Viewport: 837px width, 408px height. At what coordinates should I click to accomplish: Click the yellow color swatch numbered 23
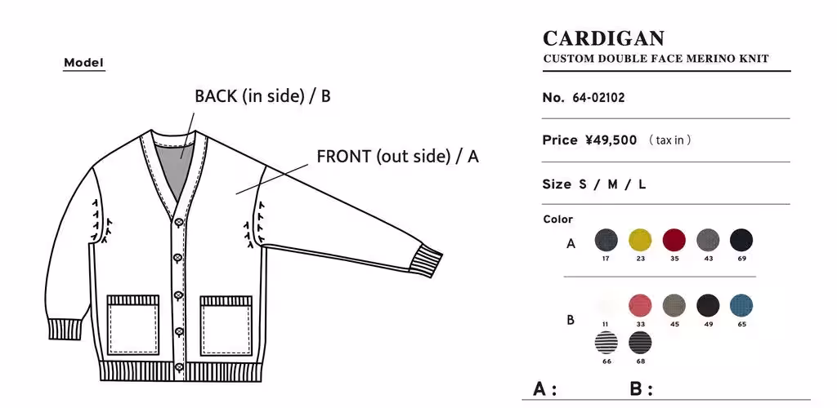pyautogui.click(x=640, y=240)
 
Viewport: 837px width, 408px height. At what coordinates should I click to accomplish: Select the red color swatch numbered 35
pyautogui.click(x=674, y=240)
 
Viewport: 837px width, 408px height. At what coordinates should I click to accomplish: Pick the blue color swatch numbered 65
pyautogui.click(x=741, y=305)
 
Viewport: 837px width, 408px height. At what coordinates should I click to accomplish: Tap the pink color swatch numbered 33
pyautogui.click(x=640, y=305)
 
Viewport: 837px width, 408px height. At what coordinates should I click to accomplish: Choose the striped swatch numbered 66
pyautogui.click(x=606, y=342)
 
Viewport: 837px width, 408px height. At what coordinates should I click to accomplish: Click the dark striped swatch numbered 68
pyautogui.click(x=640, y=342)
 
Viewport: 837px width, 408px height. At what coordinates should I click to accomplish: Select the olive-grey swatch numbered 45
pyautogui.click(x=674, y=305)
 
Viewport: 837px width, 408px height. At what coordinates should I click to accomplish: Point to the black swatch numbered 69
pyautogui.click(x=741, y=240)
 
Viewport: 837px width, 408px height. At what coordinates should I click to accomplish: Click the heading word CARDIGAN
pyautogui.click(x=604, y=38)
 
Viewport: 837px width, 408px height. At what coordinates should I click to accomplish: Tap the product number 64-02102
pyautogui.click(x=598, y=97)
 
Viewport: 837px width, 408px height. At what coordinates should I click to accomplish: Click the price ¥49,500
pyautogui.click(x=611, y=140)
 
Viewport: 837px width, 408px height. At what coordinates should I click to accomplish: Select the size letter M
pyautogui.click(x=612, y=185)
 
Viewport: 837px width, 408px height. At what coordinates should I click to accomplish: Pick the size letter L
pyautogui.click(x=642, y=185)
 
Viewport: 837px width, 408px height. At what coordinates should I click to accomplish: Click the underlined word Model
pyautogui.click(x=84, y=63)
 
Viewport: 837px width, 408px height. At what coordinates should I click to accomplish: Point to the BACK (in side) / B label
pyautogui.click(x=262, y=96)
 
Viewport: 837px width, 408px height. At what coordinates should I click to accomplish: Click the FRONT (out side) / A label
pyautogui.click(x=398, y=157)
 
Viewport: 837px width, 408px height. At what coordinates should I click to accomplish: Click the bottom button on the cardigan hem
pyautogui.click(x=179, y=367)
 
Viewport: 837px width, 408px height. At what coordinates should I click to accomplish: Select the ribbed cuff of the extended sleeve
pyautogui.click(x=427, y=260)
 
